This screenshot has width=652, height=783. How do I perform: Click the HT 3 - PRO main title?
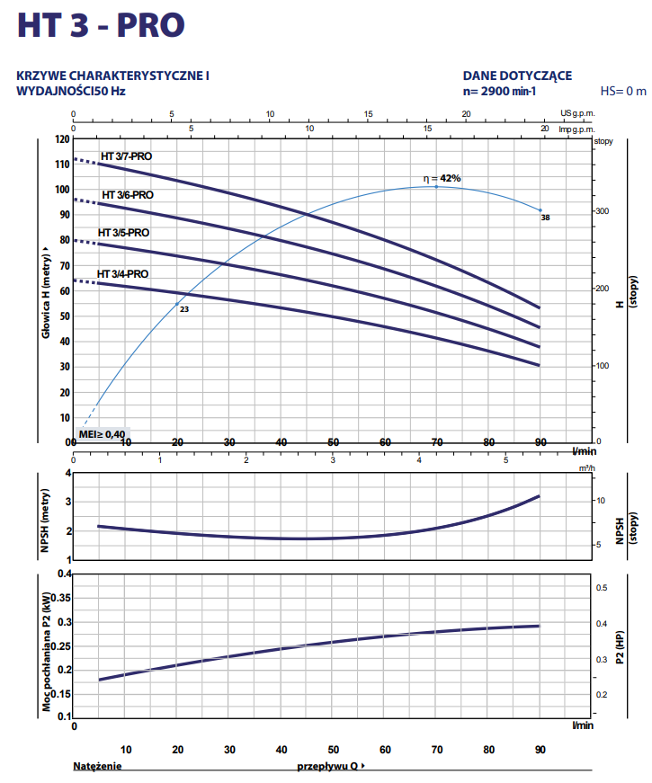pyautogui.click(x=103, y=24)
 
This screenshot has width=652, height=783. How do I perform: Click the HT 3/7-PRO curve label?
pyautogui.click(x=126, y=156)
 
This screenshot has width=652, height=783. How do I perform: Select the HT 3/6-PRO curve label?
pyautogui.click(x=127, y=195)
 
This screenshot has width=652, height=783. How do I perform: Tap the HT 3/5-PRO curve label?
pyautogui.click(x=123, y=233)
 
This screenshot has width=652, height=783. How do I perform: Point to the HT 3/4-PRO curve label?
pyautogui.click(x=123, y=273)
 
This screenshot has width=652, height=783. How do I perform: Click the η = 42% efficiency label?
pyautogui.click(x=442, y=178)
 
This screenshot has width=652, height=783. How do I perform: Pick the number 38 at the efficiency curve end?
pyautogui.click(x=545, y=218)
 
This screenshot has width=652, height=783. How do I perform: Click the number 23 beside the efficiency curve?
pyautogui.click(x=184, y=309)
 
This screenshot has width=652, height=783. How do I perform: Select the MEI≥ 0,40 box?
pyautogui.click(x=103, y=433)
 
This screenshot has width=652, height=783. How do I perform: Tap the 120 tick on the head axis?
pyautogui.click(x=61, y=140)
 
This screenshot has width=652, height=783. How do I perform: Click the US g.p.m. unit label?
pyautogui.click(x=577, y=114)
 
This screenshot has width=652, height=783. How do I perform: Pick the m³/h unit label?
pyautogui.click(x=585, y=468)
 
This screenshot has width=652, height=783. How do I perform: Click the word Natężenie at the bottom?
pyautogui.click(x=97, y=767)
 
